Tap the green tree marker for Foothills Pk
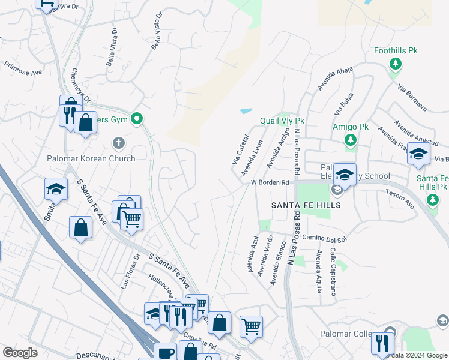[395, 64]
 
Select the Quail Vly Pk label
[282, 121]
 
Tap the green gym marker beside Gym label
[137, 119]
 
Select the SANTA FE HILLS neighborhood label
[306, 205]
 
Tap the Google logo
[20, 353]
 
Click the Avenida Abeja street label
[336, 79]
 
